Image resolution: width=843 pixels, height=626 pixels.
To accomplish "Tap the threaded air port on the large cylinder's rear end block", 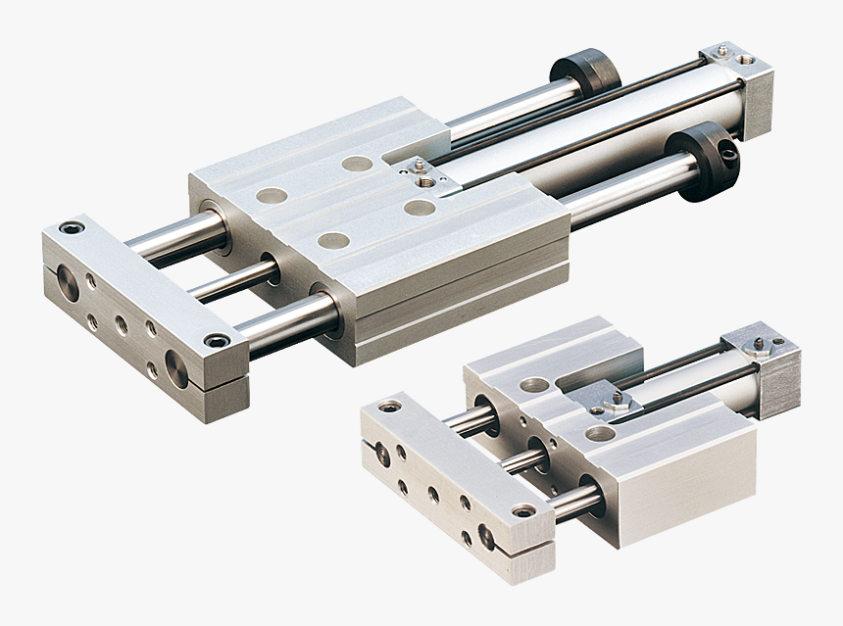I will tap(746, 60).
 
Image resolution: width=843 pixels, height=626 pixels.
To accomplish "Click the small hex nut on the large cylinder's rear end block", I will tap(721, 50).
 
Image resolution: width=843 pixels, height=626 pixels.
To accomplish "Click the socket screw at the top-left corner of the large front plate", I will tap(71, 228).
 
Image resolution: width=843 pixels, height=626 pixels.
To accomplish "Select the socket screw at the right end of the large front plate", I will tap(216, 341).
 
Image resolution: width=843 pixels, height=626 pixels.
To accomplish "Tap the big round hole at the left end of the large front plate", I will tap(68, 284).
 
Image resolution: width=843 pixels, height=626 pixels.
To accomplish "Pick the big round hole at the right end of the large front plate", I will tap(176, 369).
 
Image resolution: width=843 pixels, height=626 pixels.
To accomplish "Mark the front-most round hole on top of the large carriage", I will tap(333, 240).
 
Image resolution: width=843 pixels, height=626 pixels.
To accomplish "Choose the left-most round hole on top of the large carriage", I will tap(272, 196).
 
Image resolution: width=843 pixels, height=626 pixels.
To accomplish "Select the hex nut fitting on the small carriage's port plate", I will tap(619, 401).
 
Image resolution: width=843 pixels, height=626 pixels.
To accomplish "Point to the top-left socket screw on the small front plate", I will tap(390, 406).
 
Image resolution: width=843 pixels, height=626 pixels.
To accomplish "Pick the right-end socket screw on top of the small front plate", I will tap(523, 510).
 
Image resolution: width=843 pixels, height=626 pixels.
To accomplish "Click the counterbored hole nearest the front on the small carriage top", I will tap(599, 432).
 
